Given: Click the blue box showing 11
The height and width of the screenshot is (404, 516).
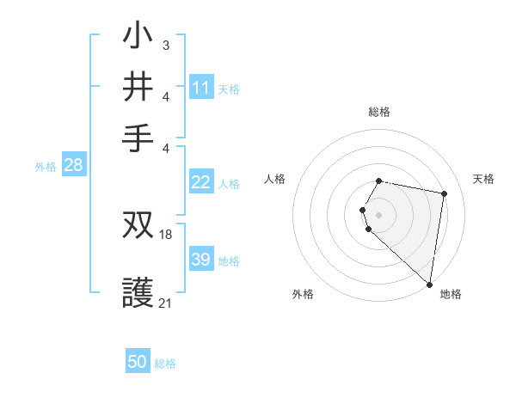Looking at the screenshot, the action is tap(201, 88).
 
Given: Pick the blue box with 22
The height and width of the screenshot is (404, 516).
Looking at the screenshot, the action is tap(201, 182).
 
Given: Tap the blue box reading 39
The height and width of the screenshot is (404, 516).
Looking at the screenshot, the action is tap(201, 260).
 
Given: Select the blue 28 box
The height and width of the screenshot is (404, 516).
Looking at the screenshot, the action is tap(73, 166).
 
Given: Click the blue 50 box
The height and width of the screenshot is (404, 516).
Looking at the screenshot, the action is tap(138, 362).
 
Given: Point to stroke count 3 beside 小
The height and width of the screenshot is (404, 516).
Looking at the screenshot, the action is tap(165, 45).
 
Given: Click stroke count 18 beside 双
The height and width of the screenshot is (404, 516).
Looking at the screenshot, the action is tap(166, 234).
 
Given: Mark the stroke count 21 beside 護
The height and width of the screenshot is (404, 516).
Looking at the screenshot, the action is tap(166, 303).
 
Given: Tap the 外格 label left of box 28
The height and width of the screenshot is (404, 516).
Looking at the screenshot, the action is tap(45, 167).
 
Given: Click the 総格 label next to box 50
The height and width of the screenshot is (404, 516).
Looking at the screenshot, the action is tap(165, 364).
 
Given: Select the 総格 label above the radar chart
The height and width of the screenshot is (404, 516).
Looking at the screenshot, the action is tap(379, 112).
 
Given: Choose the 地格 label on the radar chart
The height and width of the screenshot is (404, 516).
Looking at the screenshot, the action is tap(451, 294).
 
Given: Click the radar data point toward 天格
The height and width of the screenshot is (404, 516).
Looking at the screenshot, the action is tap(444, 194).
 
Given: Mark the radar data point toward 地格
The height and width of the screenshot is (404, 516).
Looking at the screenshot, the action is tap(430, 285).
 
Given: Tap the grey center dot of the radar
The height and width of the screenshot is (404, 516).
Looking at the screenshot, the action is tap(379, 214).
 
